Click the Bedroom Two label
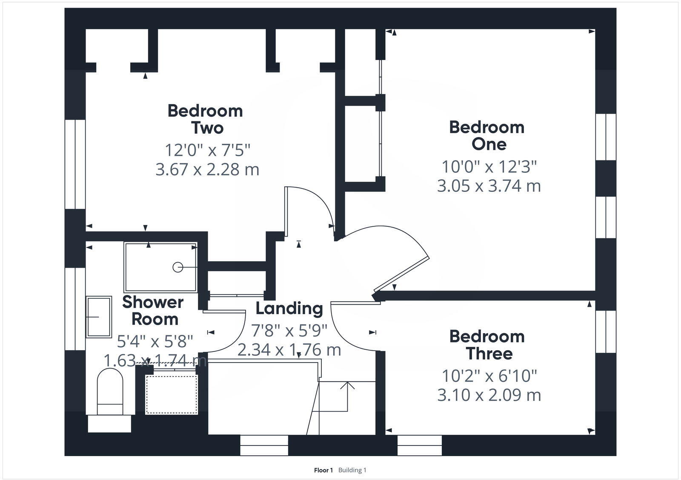[x=205, y=119]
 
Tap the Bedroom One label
[x=487, y=135]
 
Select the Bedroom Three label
[x=487, y=345]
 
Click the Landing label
[x=289, y=308]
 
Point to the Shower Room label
[x=153, y=310]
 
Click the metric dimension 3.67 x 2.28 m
[x=207, y=169]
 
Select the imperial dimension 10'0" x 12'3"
[x=489, y=166]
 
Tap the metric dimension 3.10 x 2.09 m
[x=489, y=395]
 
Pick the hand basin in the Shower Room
[x=98, y=317]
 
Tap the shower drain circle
[x=177, y=267]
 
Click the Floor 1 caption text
[x=323, y=470]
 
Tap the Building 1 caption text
[x=352, y=470]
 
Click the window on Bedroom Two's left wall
[x=75, y=164]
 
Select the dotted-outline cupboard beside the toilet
[x=172, y=394]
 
